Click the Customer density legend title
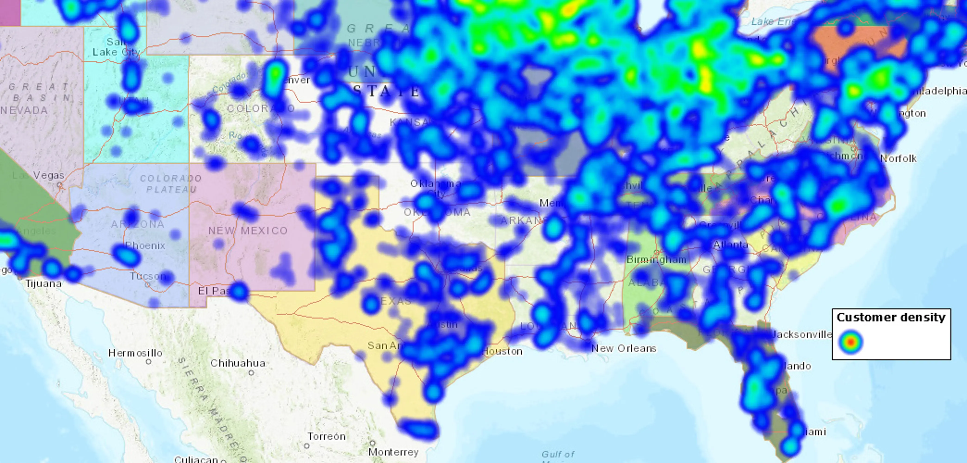(891, 318)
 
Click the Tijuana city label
(43, 284)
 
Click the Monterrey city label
(394, 452)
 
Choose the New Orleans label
(624, 348)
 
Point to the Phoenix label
(145, 246)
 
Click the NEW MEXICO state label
(248, 231)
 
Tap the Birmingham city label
(656, 260)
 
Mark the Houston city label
(502, 351)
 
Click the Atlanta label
(731, 245)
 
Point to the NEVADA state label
(24, 110)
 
